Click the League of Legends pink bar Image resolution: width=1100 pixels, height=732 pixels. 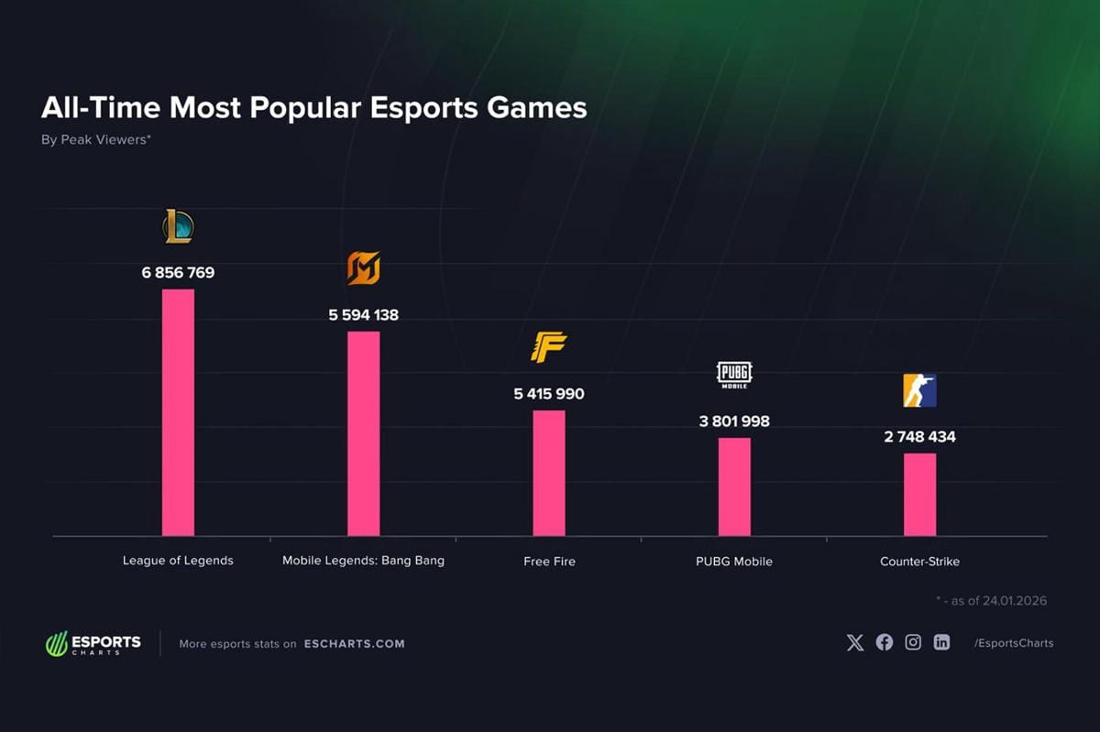[x=178, y=412]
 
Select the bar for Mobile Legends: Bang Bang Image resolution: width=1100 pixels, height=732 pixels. [x=363, y=433]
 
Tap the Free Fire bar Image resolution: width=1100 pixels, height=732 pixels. [x=549, y=473]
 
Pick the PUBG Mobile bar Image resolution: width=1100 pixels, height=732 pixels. [x=734, y=486]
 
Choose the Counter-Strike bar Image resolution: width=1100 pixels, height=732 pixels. [x=919, y=495]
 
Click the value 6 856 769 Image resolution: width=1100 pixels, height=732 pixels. [x=178, y=273]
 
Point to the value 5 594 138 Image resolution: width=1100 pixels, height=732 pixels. [x=363, y=315]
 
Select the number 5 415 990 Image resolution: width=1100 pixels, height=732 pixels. [x=549, y=394]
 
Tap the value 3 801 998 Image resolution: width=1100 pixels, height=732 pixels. [x=734, y=421]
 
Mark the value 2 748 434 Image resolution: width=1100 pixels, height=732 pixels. [x=919, y=437]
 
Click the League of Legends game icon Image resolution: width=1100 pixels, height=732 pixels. [x=178, y=226]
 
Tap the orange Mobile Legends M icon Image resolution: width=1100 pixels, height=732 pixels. [x=363, y=268]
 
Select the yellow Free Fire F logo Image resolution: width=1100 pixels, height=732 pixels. [x=549, y=347]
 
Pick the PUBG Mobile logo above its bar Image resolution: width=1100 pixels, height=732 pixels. [x=734, y=375]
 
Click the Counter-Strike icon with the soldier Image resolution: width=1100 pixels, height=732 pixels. [x=919, y=390]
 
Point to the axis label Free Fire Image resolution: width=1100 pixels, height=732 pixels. [x=549, y=561]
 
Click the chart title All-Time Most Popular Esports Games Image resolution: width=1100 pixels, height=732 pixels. [x=313, y=108]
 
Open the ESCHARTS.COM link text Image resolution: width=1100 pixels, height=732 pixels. [x=354, y=643]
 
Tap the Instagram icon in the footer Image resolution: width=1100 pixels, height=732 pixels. [x=913, y=642]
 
